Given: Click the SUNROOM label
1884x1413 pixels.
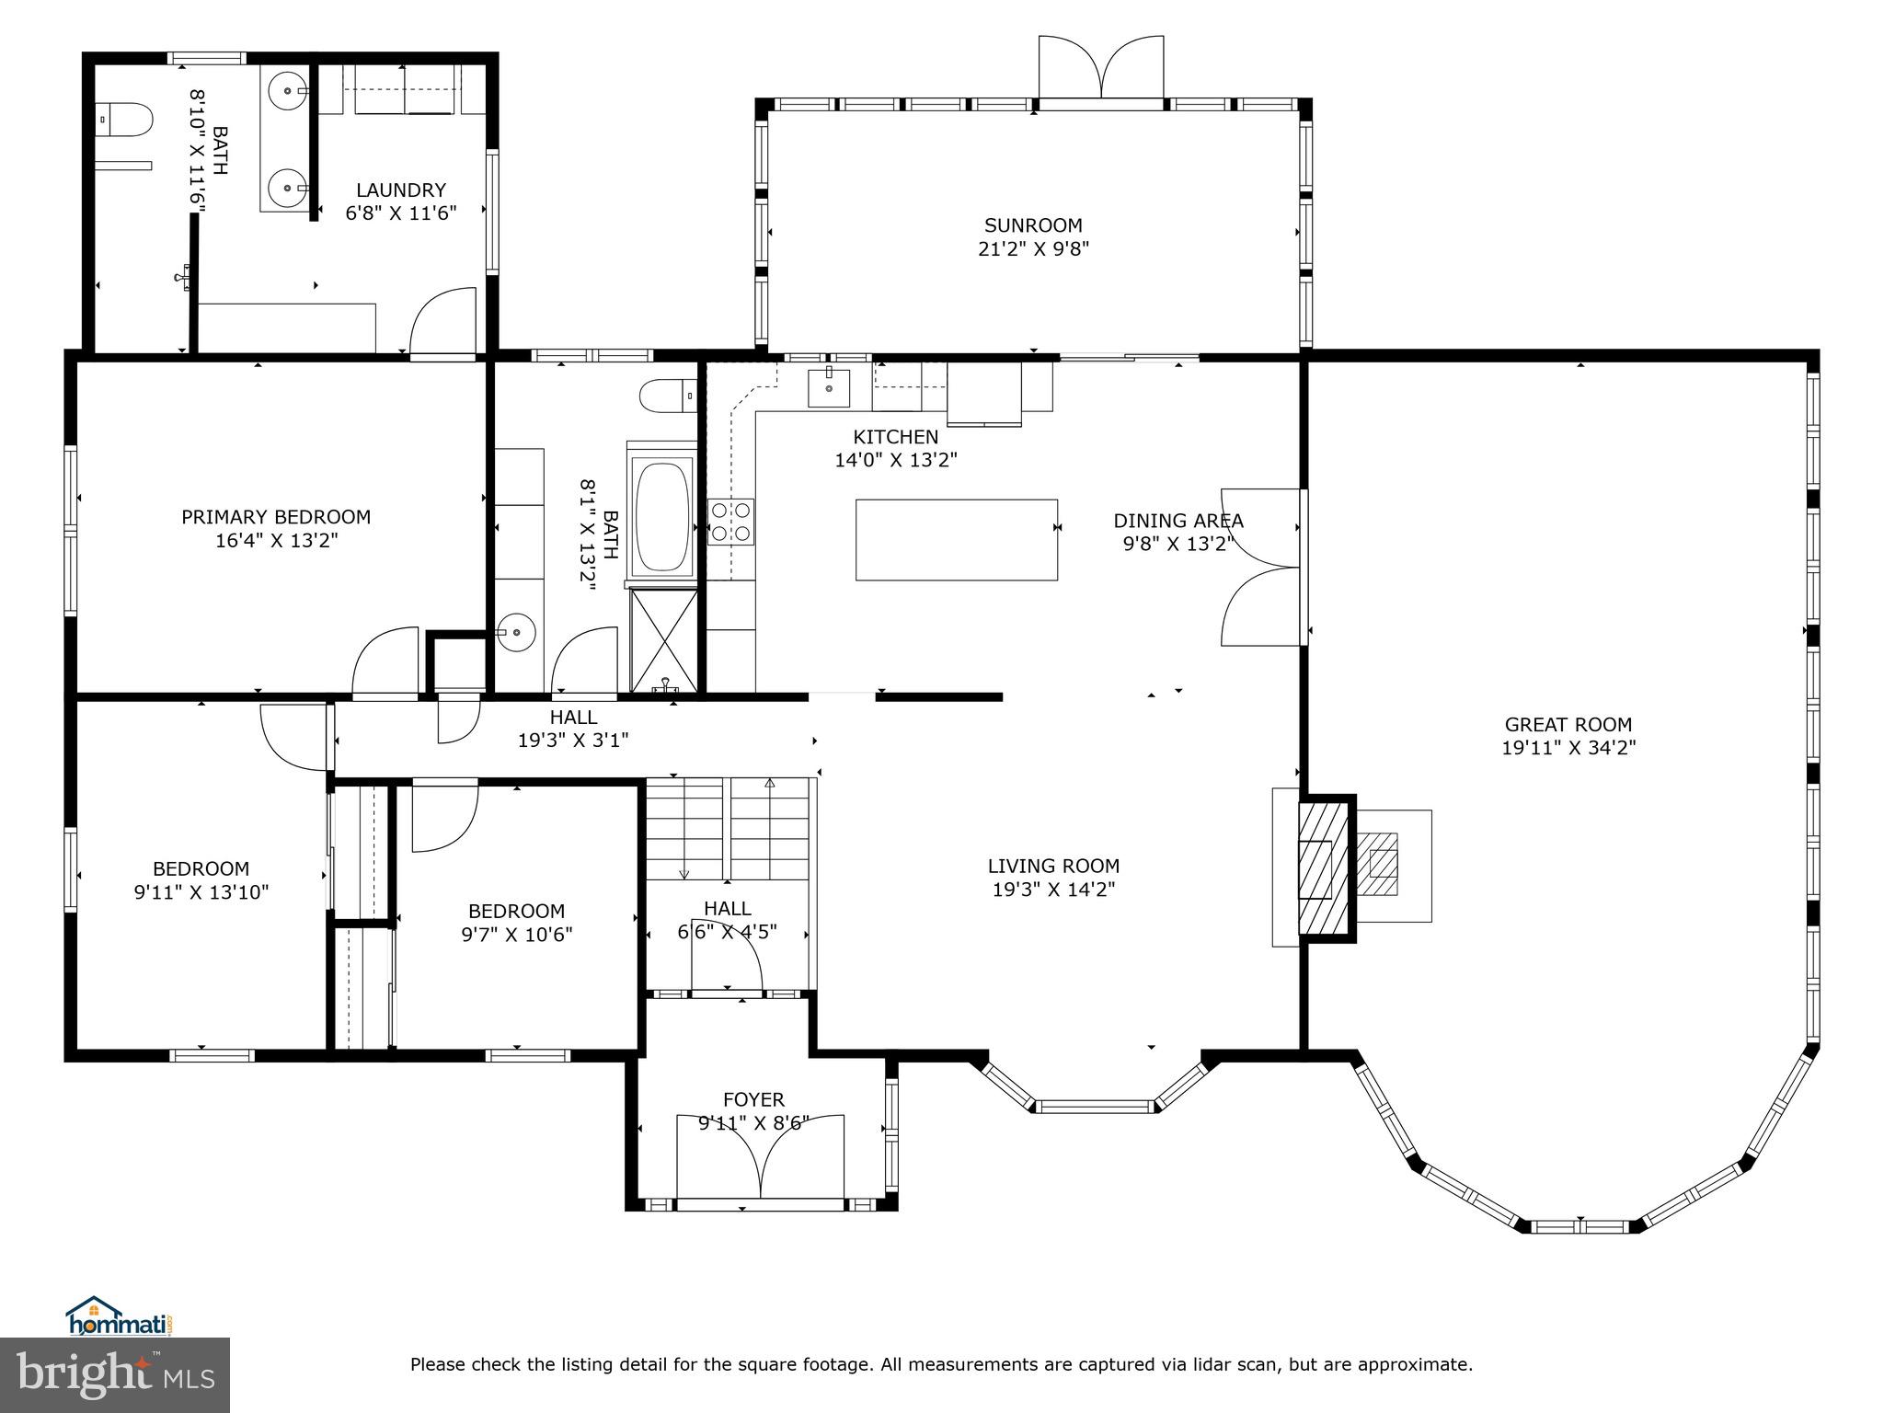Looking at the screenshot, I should (x=1033, y=225).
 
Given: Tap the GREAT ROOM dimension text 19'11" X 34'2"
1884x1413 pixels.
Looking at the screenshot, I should (x=1568, y=748).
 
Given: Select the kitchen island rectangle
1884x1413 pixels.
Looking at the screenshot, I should (x=956, y=540).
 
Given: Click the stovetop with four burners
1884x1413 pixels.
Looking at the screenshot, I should (x=730, y=522).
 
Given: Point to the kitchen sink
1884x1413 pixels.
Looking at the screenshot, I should (x=829, y=387).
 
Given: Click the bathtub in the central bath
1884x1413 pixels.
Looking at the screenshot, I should (x=662, y=516).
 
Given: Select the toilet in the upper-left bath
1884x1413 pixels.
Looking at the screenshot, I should (x=126, y=121).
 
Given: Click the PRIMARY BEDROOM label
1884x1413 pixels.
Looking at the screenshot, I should (x=276, y=517).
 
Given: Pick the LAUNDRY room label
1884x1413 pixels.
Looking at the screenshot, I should (x=401, y=190).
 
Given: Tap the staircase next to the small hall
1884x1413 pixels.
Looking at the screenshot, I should (x=729, y=828).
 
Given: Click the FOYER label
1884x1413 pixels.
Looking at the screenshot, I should (x=753, y=1099).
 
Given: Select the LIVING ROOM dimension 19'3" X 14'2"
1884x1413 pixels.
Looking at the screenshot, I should (x=1053, y=890).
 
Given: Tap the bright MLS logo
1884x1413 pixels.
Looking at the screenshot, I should (x=114, y=1374).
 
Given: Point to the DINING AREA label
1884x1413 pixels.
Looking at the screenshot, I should (x=1178, y=521).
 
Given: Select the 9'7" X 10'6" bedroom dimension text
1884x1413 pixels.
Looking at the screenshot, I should (x=516, y=935).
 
